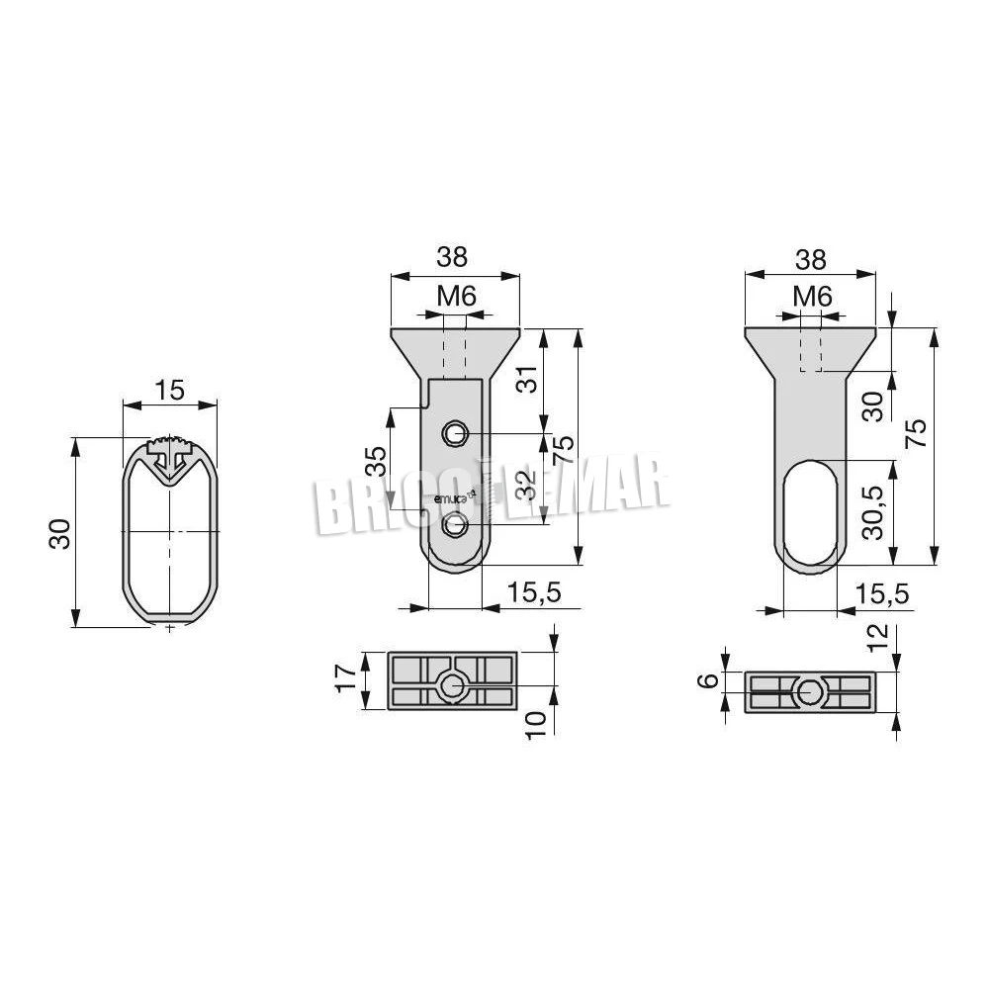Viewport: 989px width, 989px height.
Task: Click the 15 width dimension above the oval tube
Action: coord(170,390)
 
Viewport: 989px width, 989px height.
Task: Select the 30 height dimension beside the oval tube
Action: coord(60,534)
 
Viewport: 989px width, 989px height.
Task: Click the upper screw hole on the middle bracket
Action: coord(454,433)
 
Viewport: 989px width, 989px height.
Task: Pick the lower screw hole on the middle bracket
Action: coord(454,525)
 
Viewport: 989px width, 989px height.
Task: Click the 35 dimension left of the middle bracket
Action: coord(376,461)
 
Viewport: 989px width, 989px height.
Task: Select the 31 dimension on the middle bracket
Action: coord(527,379)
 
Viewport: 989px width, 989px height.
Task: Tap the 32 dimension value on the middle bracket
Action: coord(526,485)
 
